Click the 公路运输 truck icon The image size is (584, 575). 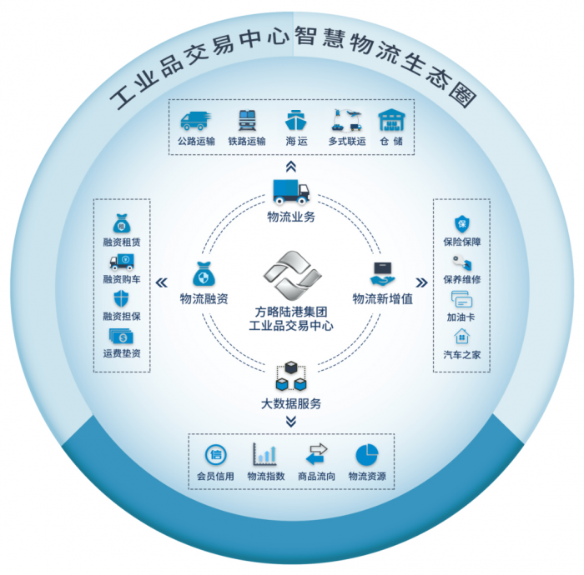tap(197, 120)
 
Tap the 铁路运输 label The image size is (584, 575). tap(246, 141)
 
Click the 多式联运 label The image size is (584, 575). tap(347, 141)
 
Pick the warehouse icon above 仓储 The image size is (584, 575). tap(390, 120)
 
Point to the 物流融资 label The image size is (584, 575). tap(204, 298)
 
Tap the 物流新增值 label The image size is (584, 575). tap(382, 298)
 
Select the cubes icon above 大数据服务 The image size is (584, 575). tap(289, 377)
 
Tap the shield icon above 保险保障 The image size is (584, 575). tap(461, 223)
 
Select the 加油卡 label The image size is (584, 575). tap(461, 318)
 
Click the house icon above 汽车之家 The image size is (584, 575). tap(461, 337)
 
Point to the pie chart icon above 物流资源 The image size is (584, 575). tap(367, 454)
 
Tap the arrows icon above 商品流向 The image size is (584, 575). tap(316, 454)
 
